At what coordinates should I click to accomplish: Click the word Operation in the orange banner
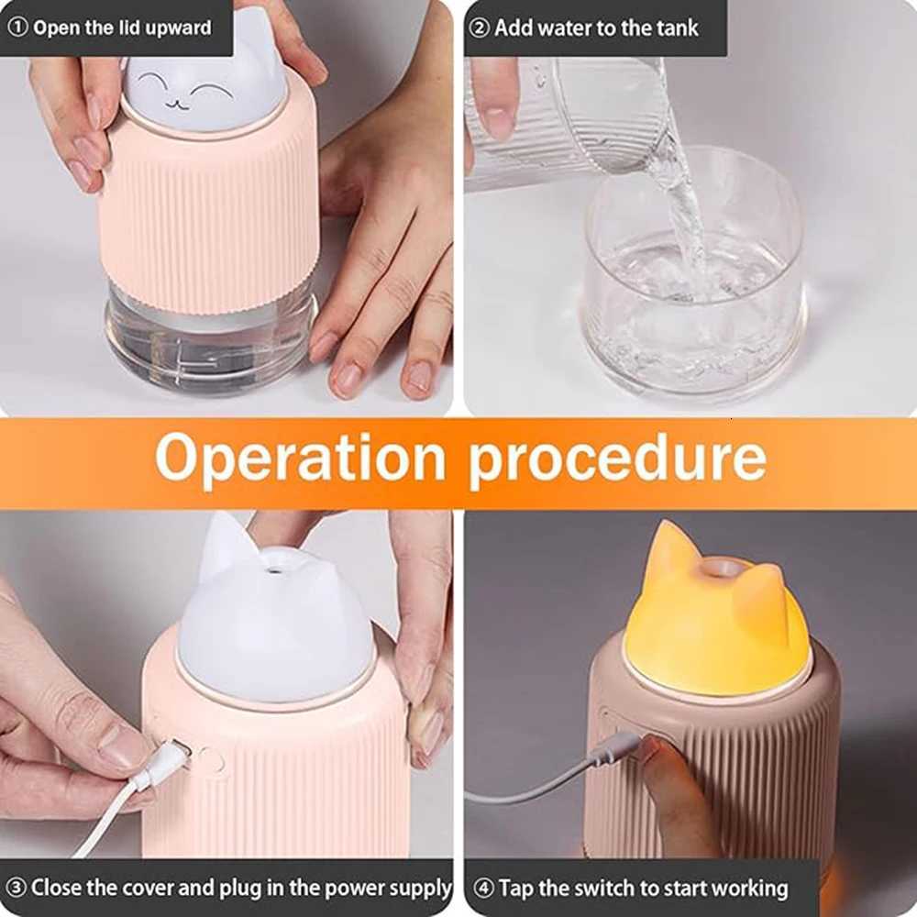pyautogui.click(x=299, y=459)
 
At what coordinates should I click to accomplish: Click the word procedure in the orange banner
pyautogui.click(x=617, y=459)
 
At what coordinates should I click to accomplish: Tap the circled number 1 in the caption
pyautogui.click(x=18, y=27)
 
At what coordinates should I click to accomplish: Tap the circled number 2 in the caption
pyautogui.click(x=480, y=28)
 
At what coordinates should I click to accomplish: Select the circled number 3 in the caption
pyautogui.click(x=17, y=888)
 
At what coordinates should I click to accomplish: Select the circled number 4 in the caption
pyautogui.click(x=483, y=888)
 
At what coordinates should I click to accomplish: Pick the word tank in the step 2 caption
pyautogui.click(x=675, y=28)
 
